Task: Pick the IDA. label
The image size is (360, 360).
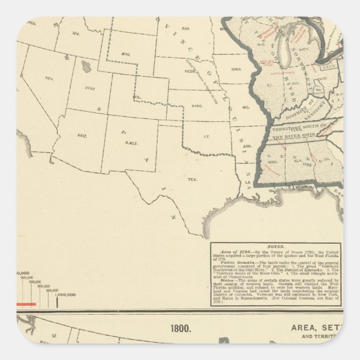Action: click(77, 33)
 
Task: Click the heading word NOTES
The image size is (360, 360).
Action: click(276, 246)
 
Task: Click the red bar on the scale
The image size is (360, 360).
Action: click(26, 304)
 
